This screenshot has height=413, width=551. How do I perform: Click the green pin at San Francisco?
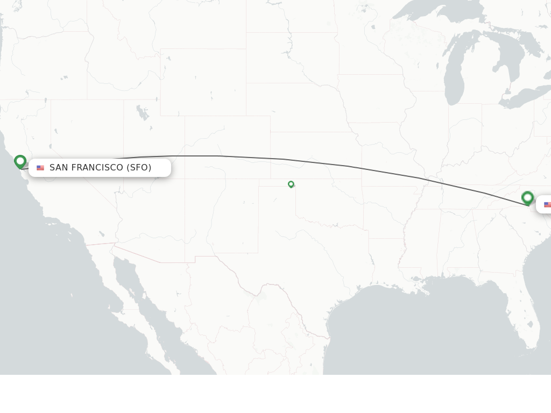tap(20, 161)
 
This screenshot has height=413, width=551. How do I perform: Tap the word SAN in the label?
tap(59, 168)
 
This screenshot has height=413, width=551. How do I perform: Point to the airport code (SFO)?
tap(139, 168)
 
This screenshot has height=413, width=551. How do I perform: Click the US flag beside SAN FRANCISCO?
tap(40, 168)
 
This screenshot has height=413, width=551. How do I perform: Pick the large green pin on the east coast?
tap(527, 198)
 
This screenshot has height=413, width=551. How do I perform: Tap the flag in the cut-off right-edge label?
tap(547, 205)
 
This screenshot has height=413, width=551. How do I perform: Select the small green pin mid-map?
tap(291, 184)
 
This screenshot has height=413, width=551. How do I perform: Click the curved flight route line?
tap(285, 159)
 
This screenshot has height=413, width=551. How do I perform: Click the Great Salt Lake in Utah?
tap(142, 113)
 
